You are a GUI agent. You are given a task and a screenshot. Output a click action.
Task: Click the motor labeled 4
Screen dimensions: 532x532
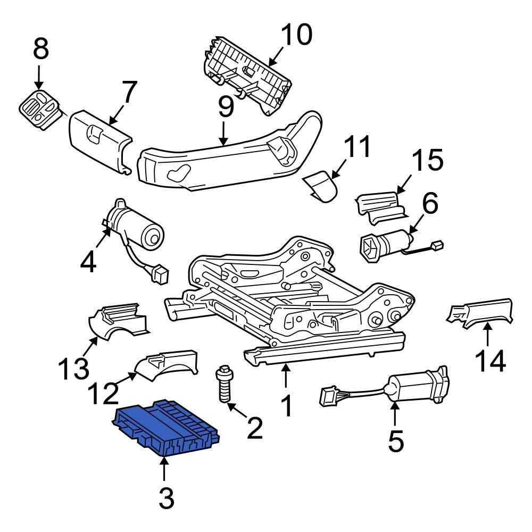point(136,227)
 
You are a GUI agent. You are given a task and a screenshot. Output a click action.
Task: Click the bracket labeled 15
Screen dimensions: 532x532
point(380,207)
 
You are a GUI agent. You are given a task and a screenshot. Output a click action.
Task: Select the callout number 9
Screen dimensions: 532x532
point(226,107)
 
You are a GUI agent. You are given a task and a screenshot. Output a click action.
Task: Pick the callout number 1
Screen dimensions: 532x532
point(286,406)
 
